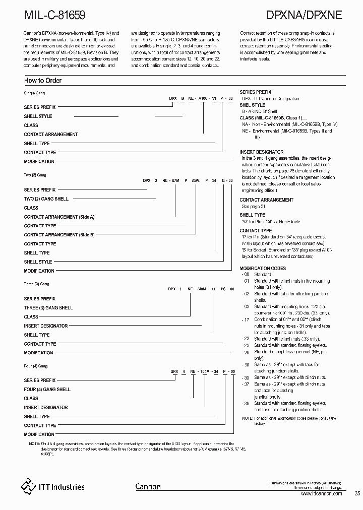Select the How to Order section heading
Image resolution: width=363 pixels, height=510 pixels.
coord(43,81)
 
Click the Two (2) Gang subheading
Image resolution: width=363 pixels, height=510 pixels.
coord(35,175)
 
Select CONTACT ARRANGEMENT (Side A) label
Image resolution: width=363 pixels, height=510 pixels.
coord(59,217)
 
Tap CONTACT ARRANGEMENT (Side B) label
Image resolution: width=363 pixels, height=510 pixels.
coord(59,235)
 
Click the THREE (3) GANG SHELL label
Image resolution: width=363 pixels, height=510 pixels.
coord(48,307)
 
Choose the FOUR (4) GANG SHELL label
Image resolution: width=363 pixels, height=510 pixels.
coord(47,389)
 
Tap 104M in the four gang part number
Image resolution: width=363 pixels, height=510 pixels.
coord(204,371)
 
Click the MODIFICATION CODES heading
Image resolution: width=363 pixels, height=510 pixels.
coord(263,268)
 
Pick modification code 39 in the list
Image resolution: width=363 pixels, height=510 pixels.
coord(246,404)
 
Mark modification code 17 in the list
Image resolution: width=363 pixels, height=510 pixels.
coord(246,320)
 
